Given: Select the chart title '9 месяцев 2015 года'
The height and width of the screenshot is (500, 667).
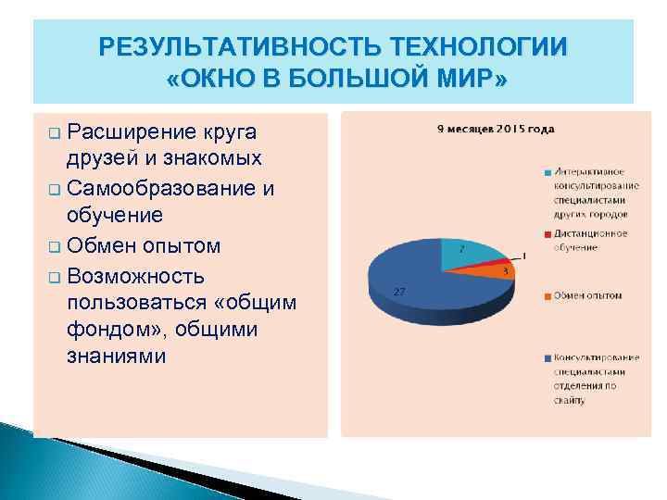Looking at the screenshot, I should [496, 129].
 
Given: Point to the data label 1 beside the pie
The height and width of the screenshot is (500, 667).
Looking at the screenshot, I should [524, 255].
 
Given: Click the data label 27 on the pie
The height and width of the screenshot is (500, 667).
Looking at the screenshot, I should [399, 292].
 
